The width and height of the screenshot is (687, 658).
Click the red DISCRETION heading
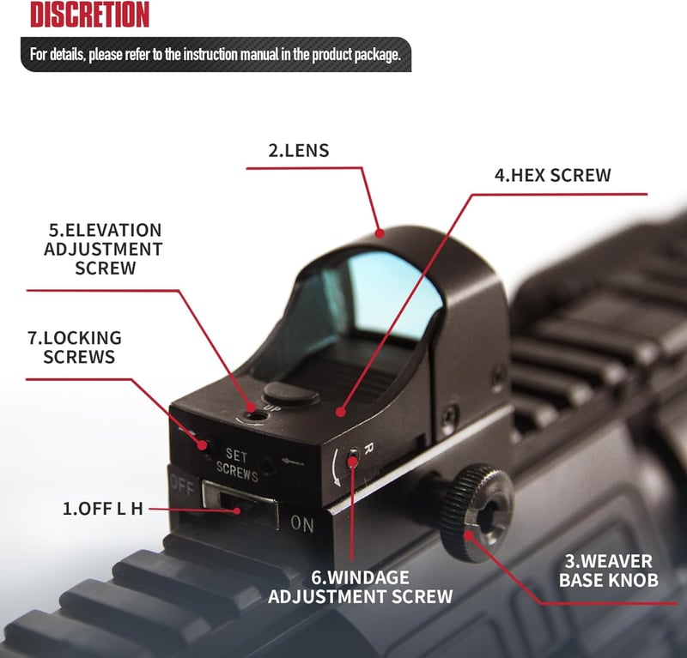(x=90, y=15)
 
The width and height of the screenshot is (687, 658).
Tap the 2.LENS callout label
(x=298, y=151)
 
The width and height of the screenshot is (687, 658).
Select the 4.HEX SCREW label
(x=552, y=175)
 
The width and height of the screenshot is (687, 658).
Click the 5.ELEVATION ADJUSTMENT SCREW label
(x=103, y=249)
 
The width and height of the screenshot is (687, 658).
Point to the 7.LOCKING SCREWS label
(x=75, y=347)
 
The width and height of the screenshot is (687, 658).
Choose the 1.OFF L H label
(x=103, y=509)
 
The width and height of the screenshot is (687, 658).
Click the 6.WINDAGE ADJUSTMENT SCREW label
(x=360, y=587)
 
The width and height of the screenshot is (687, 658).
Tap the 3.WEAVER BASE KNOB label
(x=609, y=570)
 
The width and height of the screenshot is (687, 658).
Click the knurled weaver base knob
(x=477, y=512)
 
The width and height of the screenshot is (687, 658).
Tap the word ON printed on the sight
(x=302, y=523)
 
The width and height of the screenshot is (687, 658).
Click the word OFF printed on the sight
(x=182, y=485)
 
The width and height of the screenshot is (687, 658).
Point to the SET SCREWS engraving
(x=237, y=465)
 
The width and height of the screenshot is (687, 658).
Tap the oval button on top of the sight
(x=290, y=393)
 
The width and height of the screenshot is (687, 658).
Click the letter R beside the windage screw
(x=368, y=448)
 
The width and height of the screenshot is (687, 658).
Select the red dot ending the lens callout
(x=380, y=233)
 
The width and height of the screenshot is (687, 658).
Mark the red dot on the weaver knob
(x=468, y=535)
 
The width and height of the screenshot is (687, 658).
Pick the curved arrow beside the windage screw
(x=336, y=468)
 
